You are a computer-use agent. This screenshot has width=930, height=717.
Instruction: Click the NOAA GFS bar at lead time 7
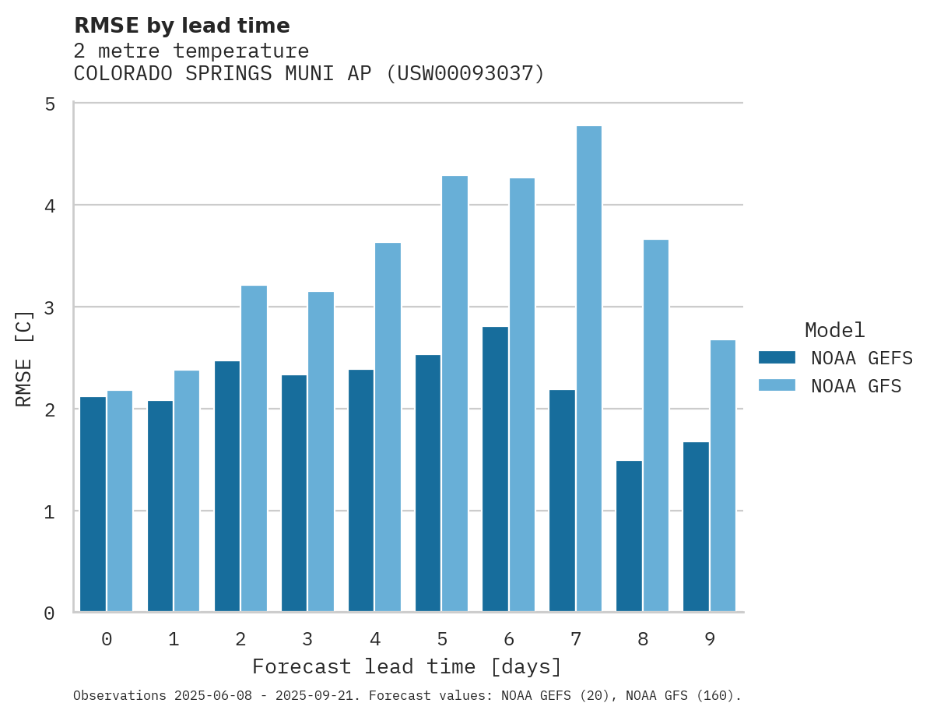tap(589, 369)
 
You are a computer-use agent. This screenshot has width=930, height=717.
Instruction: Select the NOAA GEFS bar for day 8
tap(629, 536)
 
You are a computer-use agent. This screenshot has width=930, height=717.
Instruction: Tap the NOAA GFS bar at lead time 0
tap(120, 501)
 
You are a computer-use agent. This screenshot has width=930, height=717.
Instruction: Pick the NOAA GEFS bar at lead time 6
tap(495, 469)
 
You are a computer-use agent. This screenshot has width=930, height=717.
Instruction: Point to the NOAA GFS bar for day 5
tap(455, 394)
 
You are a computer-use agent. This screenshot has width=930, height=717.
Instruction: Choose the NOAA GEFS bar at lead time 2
tap(227, 487)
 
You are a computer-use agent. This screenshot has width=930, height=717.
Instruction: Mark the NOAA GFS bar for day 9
tap(723, 476)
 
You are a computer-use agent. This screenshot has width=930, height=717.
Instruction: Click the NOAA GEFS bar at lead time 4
tap(361, 490)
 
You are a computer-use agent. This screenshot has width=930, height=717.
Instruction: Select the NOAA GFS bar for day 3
tap(321, 452)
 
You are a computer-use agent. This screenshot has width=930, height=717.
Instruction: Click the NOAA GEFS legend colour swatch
tap(777, 357)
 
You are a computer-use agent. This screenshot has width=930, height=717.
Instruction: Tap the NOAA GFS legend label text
tap(856, 386)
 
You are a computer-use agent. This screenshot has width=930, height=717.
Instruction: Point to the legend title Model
tap(835, 330)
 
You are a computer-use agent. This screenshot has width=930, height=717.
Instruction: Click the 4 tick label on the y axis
tap(49, 206)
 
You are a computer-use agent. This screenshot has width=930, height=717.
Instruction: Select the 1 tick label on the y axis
tap(49, 512)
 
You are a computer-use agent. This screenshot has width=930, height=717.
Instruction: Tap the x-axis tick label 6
tap(509, 639)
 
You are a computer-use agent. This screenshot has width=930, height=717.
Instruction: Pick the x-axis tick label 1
tap(174, 639)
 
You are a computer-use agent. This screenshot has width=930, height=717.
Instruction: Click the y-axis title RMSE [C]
tap(24, 358)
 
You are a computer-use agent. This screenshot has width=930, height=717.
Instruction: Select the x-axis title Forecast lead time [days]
tap(407, 667)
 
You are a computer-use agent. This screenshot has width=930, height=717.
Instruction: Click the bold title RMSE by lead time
tap(182, 26)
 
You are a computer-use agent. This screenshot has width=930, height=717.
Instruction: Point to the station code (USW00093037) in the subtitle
tap(465, 74)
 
